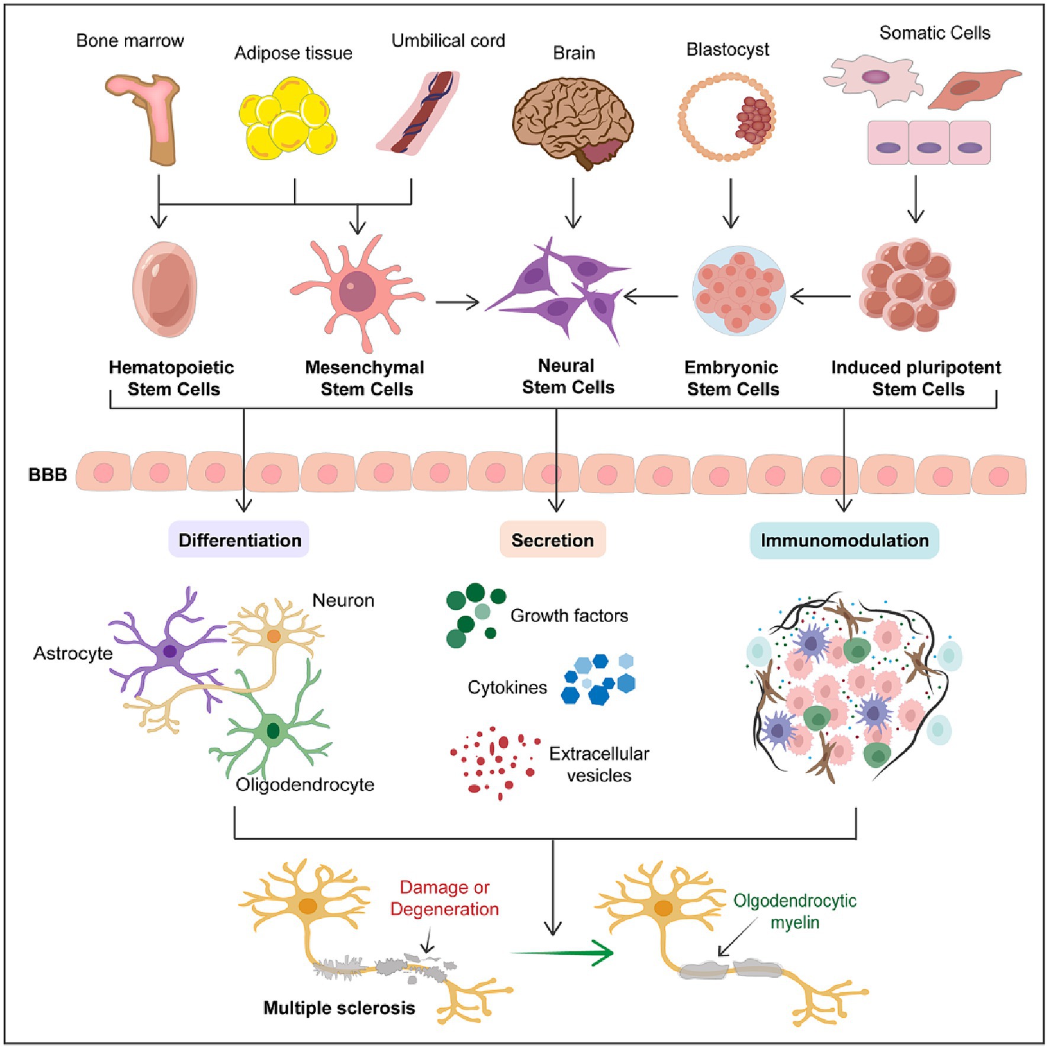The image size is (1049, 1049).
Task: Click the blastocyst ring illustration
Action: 727,117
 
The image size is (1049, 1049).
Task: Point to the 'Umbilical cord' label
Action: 448,41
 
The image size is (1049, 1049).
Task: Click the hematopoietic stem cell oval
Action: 165,289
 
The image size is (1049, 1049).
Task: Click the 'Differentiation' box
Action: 239,540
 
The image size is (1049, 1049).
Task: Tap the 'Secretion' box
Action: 552,540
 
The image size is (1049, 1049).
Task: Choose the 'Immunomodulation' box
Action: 844,540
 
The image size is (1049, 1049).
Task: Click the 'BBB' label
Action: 47,475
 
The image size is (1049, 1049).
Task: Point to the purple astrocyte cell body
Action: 170,651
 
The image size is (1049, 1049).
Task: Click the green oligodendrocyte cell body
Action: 273,731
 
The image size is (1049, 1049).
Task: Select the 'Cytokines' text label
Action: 507,687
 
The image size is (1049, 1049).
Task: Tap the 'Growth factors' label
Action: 569,616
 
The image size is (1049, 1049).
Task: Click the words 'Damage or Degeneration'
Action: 445,898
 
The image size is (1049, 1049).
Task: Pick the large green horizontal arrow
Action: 562,953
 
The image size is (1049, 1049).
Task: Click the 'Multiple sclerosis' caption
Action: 339,1008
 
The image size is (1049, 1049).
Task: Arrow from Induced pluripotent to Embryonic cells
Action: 821,296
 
